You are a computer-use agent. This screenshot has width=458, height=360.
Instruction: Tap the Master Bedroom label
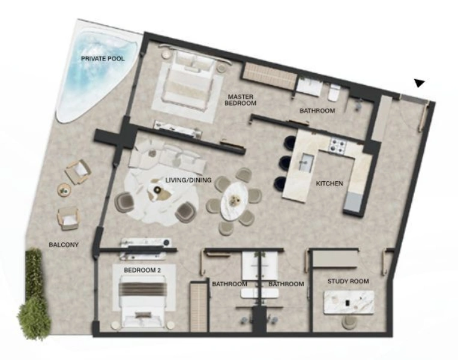[x=240, y=100]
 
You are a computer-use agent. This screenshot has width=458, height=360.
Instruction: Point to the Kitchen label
[x=330, y=183]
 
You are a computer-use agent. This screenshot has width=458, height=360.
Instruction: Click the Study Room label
[x=348, y=281]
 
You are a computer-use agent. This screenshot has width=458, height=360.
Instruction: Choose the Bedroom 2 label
[x=142, y=270]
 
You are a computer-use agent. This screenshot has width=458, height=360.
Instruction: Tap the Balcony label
[x=64, y=244]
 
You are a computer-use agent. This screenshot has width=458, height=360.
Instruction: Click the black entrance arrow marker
[x=419, y=83]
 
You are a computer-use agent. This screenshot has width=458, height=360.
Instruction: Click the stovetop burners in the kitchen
[x=337, y=145]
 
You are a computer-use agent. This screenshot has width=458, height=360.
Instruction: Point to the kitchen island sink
[x=306, y=160]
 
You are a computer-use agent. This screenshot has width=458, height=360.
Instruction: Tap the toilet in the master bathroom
[x=334, y=92]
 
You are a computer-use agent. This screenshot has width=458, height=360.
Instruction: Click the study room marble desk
[x=348, y=302]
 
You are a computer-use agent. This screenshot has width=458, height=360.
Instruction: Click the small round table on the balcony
[x=64, y=190]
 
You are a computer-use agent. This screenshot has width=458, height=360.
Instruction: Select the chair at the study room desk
[x=349, y=322]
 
